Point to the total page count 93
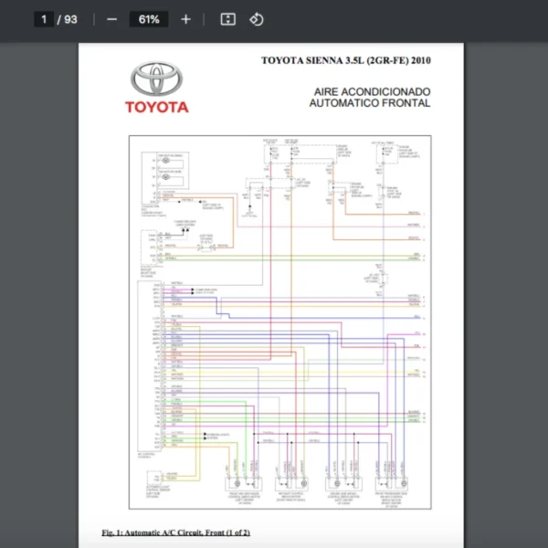pos(70,19)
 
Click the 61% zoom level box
pos(148,19)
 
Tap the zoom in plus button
pos(186,19)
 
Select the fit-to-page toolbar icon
pos(228,19)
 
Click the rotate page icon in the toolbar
pos(257,19)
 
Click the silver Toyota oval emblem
pos(157,80)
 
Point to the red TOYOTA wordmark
pos(157,107)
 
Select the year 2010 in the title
pos(420,61)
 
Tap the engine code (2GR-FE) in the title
pos(387,61)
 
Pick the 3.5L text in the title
pos(356,61)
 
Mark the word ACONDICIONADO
pos(386,92)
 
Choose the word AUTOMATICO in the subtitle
pos(345,103)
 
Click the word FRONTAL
pos(407,103)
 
